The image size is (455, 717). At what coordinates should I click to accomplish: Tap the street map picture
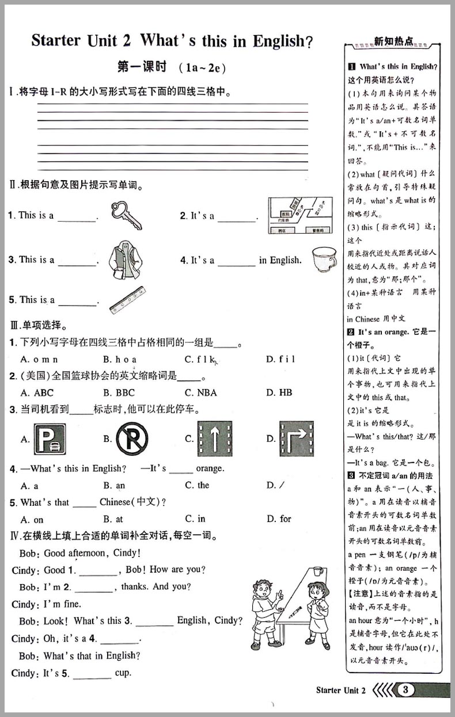tap(300, 215)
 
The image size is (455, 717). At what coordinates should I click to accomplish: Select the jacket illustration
tap(124, 260)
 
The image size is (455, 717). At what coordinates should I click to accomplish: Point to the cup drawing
tap(324, 259)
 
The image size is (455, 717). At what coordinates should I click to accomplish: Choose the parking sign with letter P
tap(50, 439)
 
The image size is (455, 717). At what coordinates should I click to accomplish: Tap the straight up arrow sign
tap(214, 439)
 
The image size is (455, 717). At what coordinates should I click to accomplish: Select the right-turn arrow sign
tap(296, 438)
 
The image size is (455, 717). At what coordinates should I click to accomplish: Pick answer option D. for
tap(279, 519)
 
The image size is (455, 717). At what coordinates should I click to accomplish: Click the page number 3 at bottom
tap(407, 690)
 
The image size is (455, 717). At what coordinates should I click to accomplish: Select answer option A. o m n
tap(39, 359)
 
